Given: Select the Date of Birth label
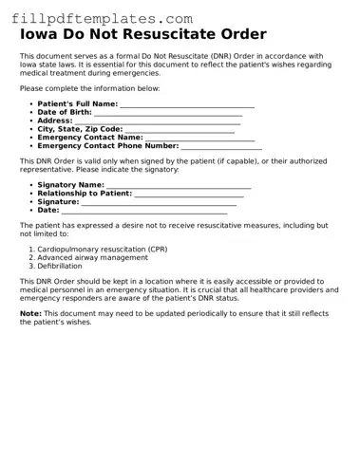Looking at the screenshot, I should coord(65,112).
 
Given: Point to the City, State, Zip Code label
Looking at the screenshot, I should coord(80,129).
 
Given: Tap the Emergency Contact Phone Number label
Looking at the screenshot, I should coord(107,146).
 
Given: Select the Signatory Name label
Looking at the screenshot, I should coord(70,185).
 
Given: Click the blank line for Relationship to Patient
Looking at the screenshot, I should coord(189,194).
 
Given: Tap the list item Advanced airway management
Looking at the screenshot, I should coord(92,257).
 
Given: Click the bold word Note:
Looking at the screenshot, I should coord(30,312).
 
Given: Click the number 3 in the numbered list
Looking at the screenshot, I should coord(31,266).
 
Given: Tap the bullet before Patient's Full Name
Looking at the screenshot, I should coord(31,103).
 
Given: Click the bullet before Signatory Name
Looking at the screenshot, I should coord(31,185).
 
